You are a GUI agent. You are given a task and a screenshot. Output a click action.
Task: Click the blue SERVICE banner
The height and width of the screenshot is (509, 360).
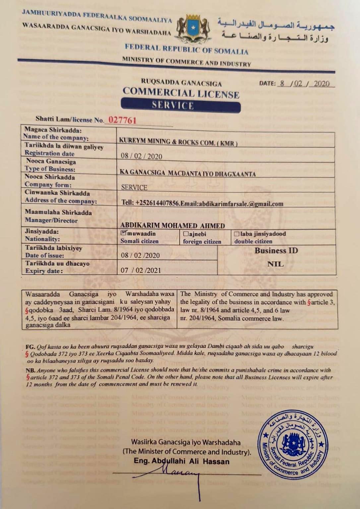coord(180,105)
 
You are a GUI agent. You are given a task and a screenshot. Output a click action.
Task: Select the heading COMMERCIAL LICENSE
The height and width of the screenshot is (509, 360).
coord(181,93)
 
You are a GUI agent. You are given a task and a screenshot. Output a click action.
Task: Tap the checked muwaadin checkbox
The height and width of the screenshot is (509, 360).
coord(123,233)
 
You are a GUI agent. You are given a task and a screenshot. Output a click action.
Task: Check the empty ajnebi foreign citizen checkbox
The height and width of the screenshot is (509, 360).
coord(186,234)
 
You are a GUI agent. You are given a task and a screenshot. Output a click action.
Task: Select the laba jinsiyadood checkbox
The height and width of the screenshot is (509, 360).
coord(237,234)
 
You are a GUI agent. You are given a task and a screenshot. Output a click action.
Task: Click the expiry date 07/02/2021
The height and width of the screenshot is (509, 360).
coord(141,270)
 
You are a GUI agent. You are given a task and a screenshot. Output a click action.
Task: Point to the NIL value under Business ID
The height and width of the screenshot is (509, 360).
coord(275,264)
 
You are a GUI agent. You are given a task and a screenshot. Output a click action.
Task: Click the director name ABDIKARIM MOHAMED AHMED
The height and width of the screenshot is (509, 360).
coord(172,225)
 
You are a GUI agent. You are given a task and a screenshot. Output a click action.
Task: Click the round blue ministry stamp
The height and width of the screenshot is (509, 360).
coord(293,445)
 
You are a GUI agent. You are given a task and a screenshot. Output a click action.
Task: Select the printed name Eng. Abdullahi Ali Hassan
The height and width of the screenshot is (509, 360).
coord(181,461)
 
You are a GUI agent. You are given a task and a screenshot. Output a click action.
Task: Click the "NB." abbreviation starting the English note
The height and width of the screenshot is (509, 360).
coord(30,370)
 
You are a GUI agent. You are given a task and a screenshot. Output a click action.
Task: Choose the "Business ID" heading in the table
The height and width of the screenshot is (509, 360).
coord(276,251)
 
